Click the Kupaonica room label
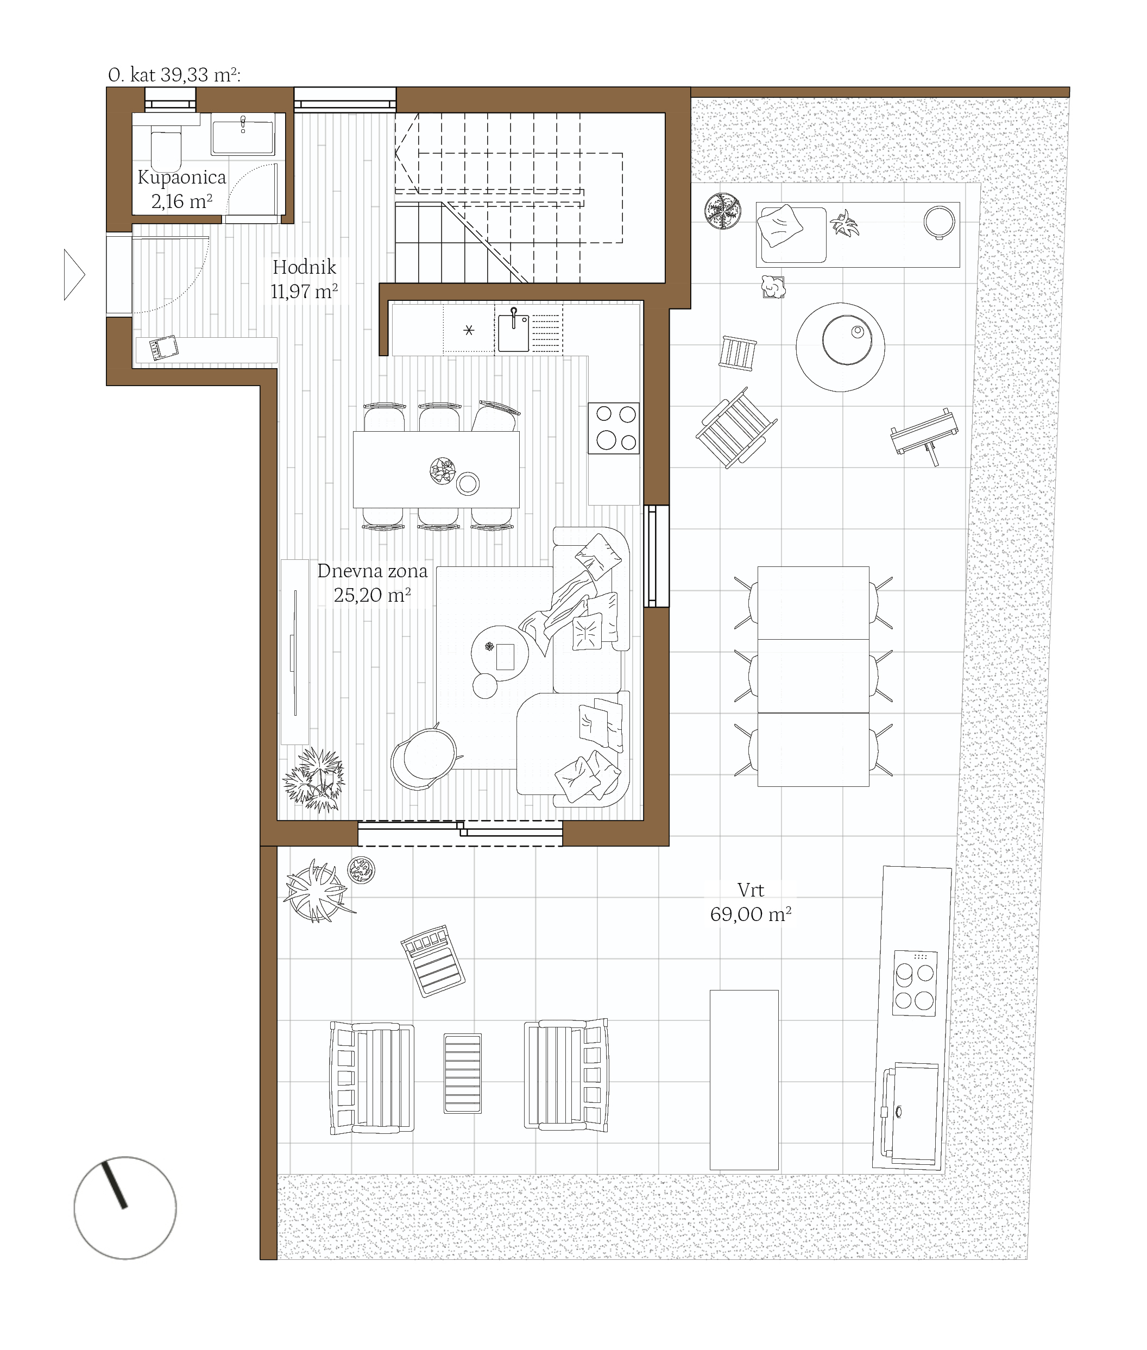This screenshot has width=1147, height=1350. [x=181, y=178]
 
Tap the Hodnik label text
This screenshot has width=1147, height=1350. [x=304, y=267]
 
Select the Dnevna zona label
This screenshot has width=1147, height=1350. [x=373, y=571]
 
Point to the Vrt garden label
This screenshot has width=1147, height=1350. [x=751, y=890]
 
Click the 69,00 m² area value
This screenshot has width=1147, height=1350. [x=751, y=914]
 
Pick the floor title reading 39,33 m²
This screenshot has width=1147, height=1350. [x=174, y=75]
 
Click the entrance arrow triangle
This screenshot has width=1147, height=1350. [x=74, y=274]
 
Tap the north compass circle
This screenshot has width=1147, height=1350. [x=125, y=1208]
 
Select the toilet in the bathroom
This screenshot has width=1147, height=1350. [x=165, y=148]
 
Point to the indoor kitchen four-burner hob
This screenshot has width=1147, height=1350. [x=613, y=427]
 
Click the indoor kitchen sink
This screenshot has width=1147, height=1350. [x=514, y=332]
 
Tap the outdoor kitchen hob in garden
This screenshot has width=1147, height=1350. [x=916, y=983]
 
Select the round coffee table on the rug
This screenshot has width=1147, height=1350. [x=500, y=653]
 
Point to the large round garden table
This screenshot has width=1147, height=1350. [x=841, y=346]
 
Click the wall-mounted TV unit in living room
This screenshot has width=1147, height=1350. [x=294, y=652]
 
